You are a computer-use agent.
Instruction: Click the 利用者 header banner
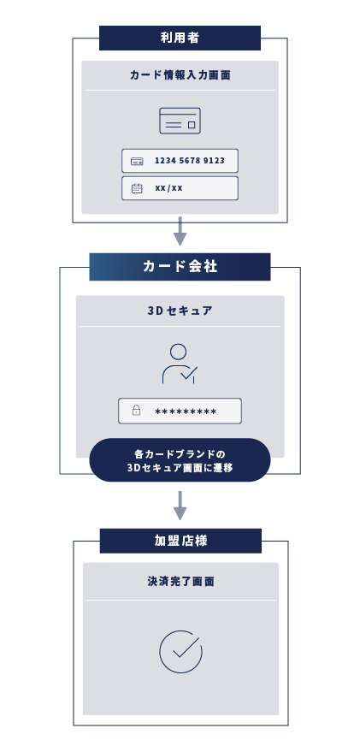[180, 38]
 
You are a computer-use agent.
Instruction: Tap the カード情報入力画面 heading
[180, 75]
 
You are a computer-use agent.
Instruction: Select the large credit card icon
[180, 121]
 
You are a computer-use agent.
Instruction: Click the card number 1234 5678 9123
[190, 161]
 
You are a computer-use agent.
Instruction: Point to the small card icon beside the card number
[137, 162]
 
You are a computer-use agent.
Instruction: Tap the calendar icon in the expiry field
[137, 188]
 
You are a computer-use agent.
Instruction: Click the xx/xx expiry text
[168, 188]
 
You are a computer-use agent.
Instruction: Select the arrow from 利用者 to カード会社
[180, 231]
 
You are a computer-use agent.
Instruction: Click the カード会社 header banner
[180, 267]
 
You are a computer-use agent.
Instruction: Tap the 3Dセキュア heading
[180, 311]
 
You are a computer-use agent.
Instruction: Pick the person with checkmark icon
[180, 364]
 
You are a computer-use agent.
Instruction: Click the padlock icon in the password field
[136, 410]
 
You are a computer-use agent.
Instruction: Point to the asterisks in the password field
[186, 411]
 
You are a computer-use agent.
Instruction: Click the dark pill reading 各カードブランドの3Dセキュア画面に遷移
[180, 460]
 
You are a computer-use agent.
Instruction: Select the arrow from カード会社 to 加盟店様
[180, 506]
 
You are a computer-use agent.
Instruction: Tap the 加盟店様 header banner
[180, 541]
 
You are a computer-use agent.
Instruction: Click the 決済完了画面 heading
[180, 582]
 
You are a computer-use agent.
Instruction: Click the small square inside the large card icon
[192, 125]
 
